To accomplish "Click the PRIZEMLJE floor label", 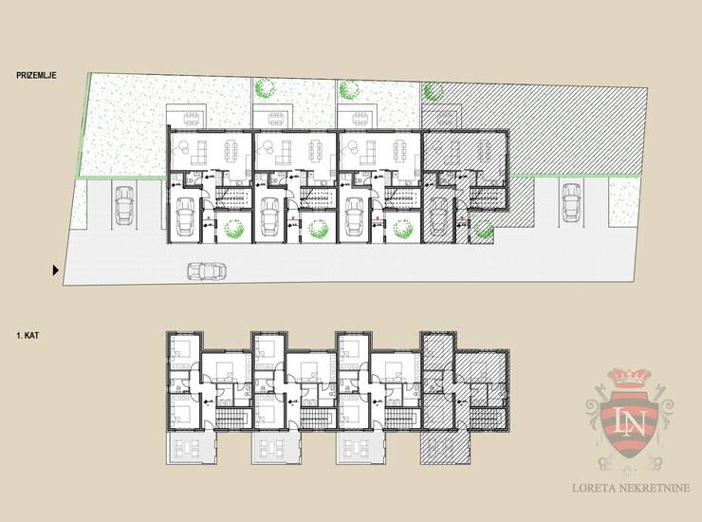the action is [36, 75].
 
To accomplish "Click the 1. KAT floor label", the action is [28, 335].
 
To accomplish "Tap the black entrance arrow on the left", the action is [56, 270].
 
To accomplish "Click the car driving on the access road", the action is [207, 271].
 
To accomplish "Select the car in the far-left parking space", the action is [124, 205].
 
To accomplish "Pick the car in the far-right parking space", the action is [571, 202].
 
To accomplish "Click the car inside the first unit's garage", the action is [185, 216].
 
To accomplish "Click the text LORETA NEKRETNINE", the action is [631, 488].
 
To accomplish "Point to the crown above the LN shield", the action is [629, 379].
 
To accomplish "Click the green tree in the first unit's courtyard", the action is [234, 228].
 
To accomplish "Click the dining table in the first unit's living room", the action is [231, 153].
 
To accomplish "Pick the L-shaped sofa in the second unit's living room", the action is [284, 153].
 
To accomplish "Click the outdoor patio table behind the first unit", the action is [192, 120].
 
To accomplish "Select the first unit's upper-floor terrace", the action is [192, 448].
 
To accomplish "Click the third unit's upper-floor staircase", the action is [402, 418].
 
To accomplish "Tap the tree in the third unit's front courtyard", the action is [404, 228].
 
